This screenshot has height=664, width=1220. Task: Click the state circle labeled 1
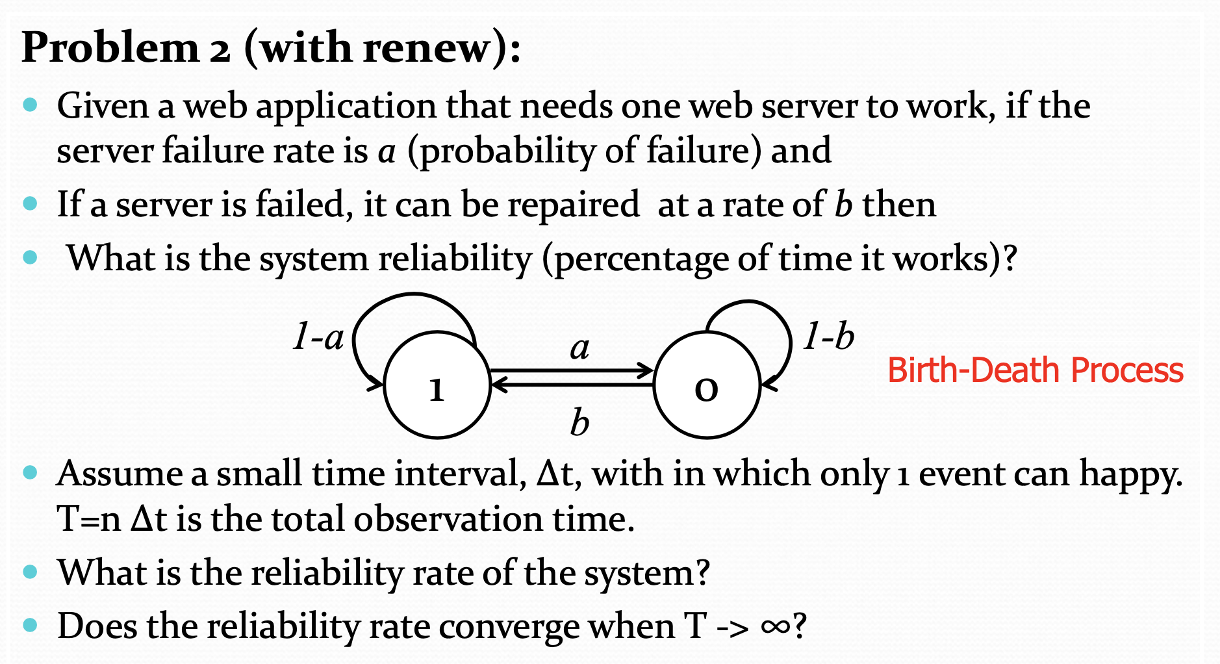coord(437,386)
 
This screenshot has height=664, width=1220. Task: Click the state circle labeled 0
coord(706,386)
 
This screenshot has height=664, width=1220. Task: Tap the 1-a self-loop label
coord(318,337)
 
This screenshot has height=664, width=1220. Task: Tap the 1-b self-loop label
coord(828,337)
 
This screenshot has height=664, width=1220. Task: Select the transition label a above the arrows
coord(579,348)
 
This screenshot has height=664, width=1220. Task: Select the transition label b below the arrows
coord(579,423)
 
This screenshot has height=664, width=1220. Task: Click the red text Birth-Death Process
coord(1035,370)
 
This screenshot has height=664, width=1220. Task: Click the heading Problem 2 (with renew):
coord(271,47)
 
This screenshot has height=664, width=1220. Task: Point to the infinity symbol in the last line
coord(776,626)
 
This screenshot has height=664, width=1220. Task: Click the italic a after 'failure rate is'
coord(387,151)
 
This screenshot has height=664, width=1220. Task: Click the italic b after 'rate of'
coord(843,205)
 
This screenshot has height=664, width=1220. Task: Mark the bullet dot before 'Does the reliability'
coord(31,625)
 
